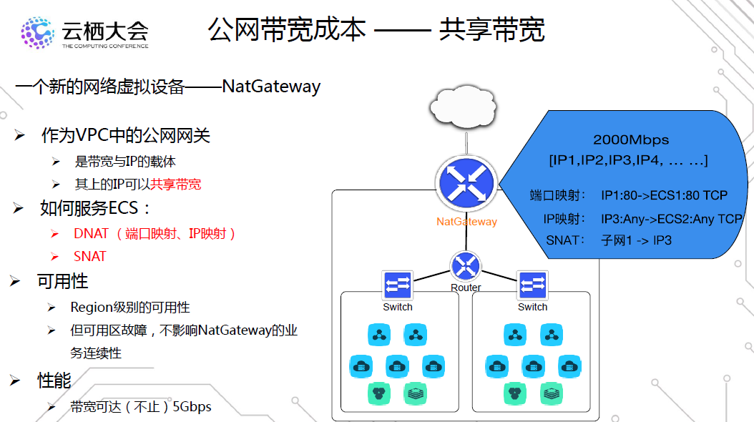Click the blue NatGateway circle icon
[x=466, y=183]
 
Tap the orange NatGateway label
[x=466, y=222]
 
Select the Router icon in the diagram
[x=466, y=267]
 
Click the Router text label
[x=466, y=288]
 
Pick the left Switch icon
[x=397, y=285]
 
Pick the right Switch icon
[x=532, y=285]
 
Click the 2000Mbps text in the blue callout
[x=631, y=140]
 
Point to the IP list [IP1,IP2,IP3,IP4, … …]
[x=629, y=160]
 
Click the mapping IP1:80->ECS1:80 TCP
[x=664, y=195]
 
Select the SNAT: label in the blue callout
[x=566, y=240]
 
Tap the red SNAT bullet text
[x=89, y=256]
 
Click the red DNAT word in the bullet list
[x=91, y=233]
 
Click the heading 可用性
[x=63, y=281]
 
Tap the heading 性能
[x=54, y=381]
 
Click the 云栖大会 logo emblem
[x=36, y=32]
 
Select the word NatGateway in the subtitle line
[x=271, y=87]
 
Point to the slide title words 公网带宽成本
[x=287, y=29]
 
